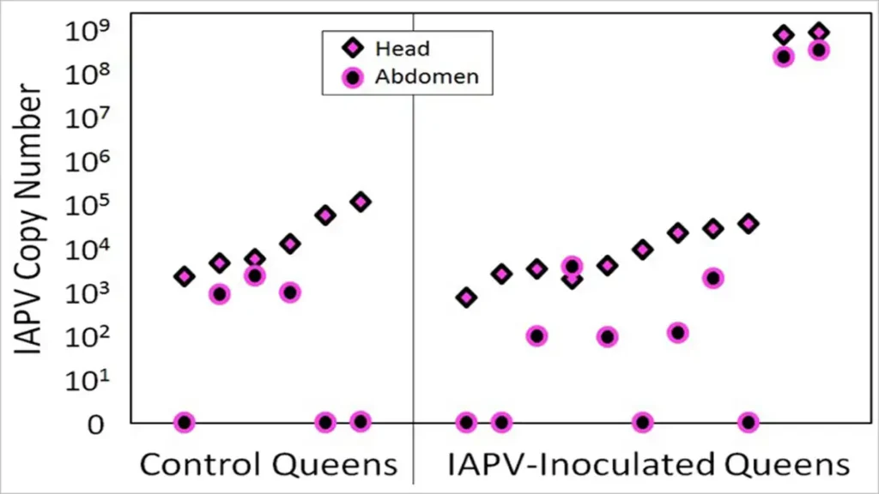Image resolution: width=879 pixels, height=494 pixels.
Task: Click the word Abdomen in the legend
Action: pos(426,77)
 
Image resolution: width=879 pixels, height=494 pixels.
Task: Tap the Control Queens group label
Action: pos(269,465)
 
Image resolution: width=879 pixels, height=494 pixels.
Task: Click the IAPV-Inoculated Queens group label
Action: pos(648,465)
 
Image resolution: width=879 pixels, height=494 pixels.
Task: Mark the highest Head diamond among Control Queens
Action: pos(361,202)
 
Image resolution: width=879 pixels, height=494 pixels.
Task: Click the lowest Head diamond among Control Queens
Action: pos(184,276)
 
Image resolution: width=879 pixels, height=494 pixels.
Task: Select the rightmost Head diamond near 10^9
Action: pos(819,33)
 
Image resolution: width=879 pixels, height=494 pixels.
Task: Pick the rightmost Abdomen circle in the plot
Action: pos(819,50)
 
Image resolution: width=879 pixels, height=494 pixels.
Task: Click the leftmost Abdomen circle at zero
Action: pos(184,422)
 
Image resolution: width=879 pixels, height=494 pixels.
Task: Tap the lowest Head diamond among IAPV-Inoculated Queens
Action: pos(466,298)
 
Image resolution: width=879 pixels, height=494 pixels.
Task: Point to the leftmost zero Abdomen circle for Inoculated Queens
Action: pos(466,422)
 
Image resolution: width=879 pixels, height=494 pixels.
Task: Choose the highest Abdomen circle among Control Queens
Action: pos(254,275)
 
